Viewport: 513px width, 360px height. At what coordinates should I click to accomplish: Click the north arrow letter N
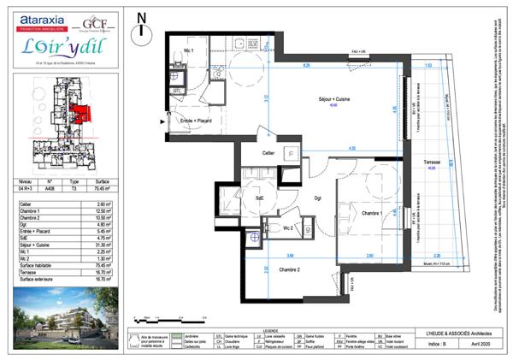142,17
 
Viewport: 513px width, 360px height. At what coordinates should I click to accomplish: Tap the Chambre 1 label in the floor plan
371,212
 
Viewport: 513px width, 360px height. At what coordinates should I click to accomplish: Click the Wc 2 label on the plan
289,228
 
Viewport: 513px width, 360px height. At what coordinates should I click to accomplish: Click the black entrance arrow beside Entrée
163,122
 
